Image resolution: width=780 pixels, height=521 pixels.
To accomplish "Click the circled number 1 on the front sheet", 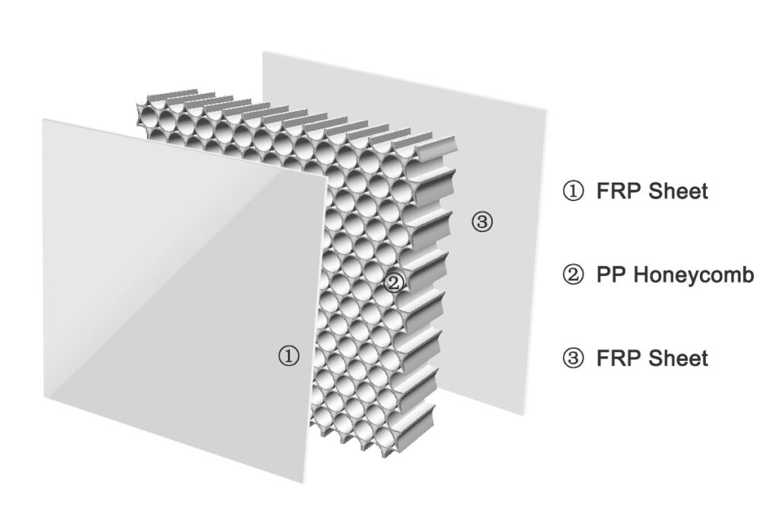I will tap(289, 355).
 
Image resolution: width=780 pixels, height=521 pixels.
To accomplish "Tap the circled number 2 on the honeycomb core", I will tap(394, 283).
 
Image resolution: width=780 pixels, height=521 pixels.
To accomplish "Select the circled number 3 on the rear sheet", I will tap(483, 222).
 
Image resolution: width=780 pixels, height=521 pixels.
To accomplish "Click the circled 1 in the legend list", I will tap(573, 191).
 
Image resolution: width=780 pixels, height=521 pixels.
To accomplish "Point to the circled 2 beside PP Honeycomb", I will tap(573, 275).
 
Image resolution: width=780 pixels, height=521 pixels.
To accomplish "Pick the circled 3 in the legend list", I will tap(573, 358).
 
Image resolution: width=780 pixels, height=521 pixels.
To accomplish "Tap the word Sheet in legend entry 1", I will tap(679, 191).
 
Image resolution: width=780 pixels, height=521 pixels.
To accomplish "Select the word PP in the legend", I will tap(609, 275).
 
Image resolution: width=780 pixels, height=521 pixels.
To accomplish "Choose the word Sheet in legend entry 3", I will tap(679, 358).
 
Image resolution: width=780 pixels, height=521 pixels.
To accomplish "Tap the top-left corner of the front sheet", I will tap(43, 120).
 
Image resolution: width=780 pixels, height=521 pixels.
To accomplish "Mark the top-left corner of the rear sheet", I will tap(264, 52).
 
